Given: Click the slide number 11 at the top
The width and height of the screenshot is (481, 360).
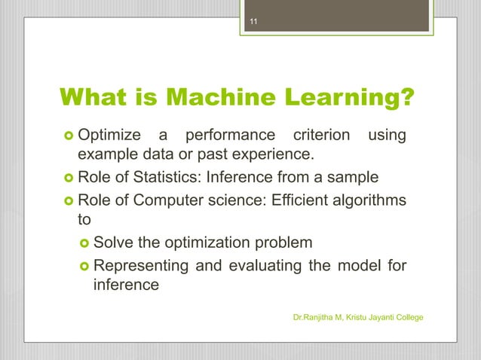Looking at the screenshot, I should (254, 21).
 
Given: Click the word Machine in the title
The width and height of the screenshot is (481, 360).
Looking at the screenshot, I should (220, 97).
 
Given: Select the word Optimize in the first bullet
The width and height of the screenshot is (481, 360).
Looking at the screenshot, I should (109, 136).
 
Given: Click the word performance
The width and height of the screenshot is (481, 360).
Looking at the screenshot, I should (230, 136).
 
